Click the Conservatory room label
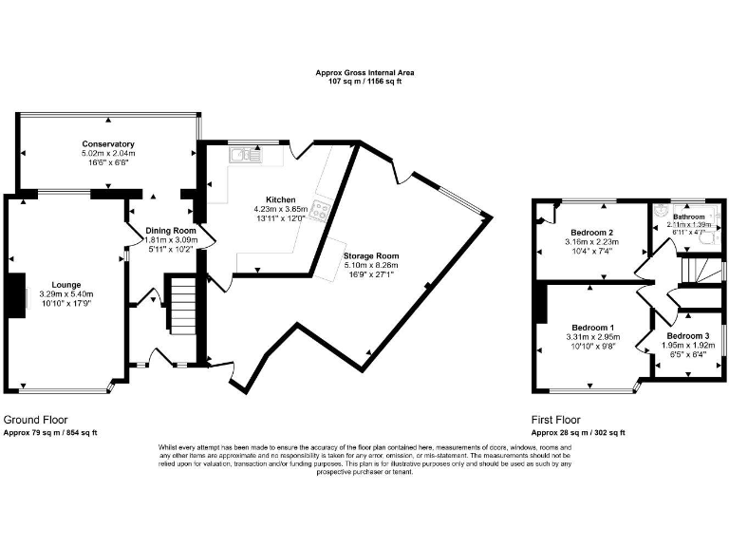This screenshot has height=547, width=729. [107, 143]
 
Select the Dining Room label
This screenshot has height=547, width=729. [170, 231]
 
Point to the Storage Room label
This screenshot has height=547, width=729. [371, 256]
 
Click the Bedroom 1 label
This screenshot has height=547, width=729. [591, 327]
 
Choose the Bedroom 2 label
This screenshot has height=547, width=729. [591, 233]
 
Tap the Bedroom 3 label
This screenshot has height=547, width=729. [687, 336]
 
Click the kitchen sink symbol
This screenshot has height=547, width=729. [249, 153]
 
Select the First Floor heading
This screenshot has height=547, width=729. [556, 420]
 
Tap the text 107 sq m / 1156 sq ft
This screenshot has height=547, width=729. [364, 82]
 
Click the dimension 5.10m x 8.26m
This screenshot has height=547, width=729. [371, 266]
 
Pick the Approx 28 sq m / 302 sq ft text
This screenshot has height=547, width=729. [578, 432]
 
